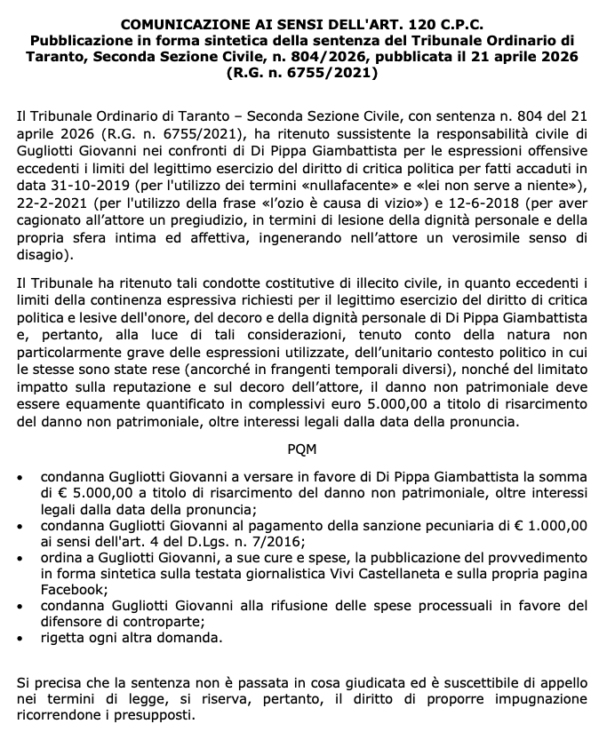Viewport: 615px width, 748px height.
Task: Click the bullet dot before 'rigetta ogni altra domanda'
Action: [x=22, y=639]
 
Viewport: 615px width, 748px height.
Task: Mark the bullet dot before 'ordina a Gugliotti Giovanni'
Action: [x=22, y=558]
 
